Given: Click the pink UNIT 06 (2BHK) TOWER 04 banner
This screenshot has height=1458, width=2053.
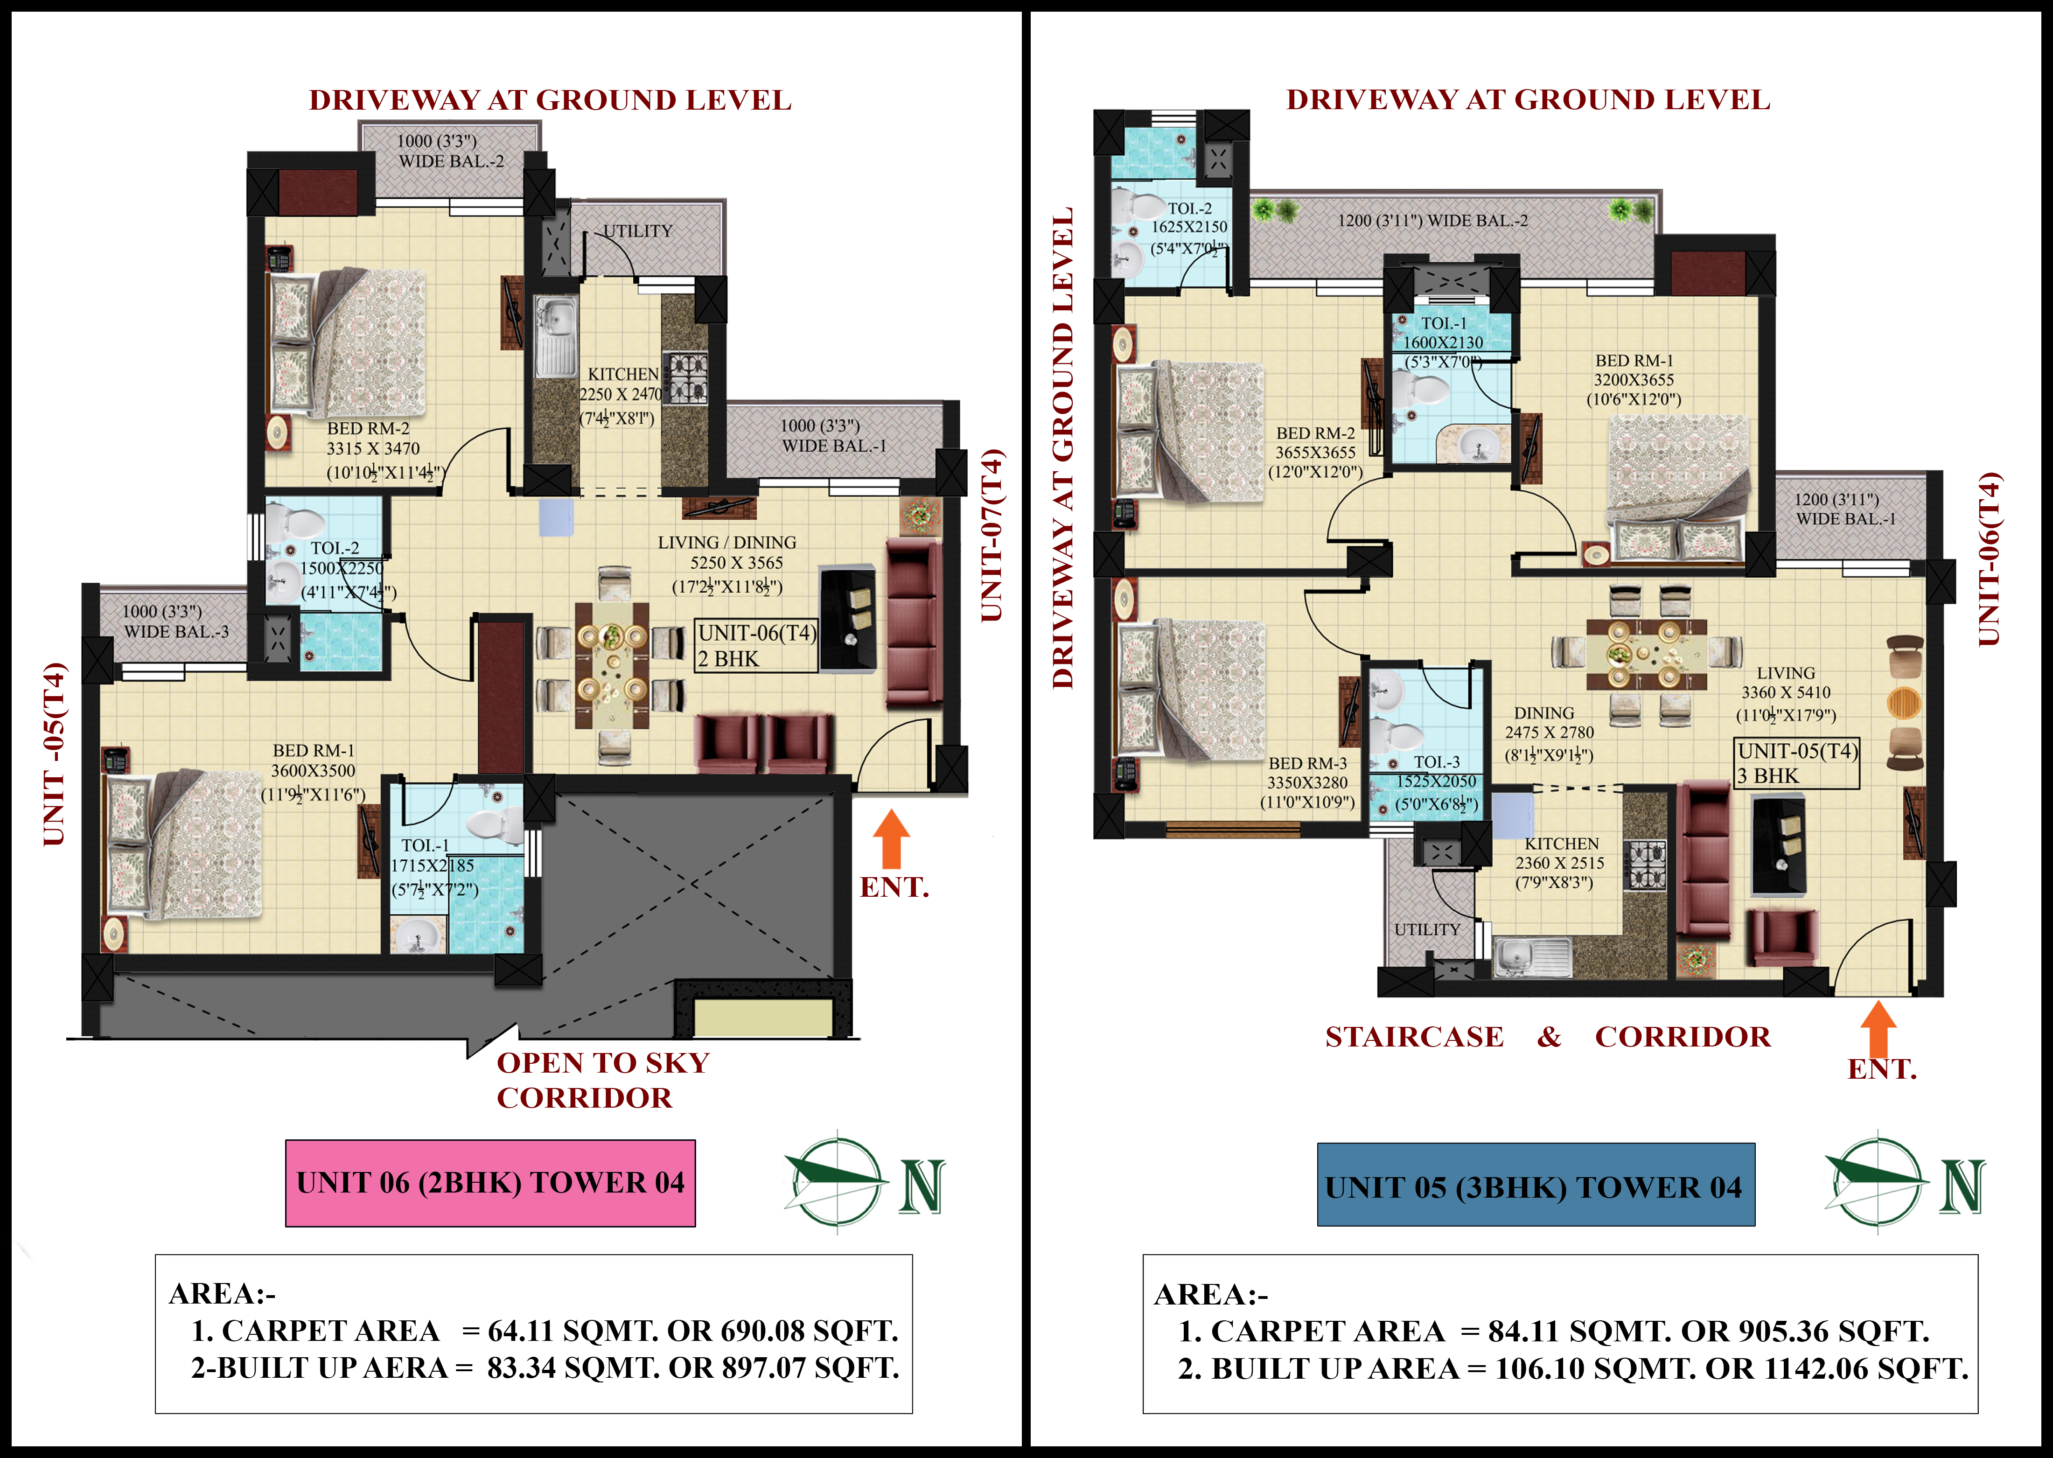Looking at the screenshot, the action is (x=490, y=1182).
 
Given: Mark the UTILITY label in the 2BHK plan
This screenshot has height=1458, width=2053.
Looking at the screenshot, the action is (x=637, y=231).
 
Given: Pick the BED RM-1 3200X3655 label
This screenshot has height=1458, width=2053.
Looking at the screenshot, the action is (x=1634, y=380).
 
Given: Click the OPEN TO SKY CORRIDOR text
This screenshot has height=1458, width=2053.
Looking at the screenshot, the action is (x=603, y=1080).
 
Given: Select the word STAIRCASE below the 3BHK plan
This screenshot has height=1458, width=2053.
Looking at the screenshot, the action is (x=1415, y=1037).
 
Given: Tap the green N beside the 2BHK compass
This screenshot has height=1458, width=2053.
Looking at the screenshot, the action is (x=922, y=1186).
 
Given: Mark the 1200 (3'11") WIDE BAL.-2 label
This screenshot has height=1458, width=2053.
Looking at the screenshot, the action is (x=1433, y=220).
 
